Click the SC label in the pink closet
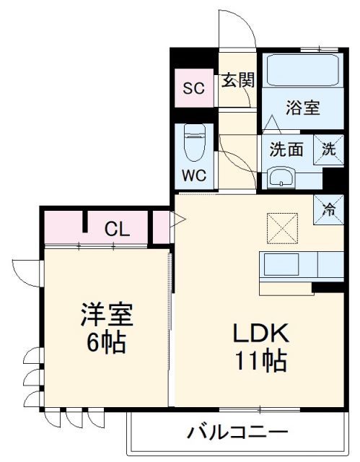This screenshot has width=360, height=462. (193, 89)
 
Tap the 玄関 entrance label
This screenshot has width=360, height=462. (237, 79)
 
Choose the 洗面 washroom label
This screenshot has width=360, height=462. (286, 151)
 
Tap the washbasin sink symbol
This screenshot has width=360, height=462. (281, 177)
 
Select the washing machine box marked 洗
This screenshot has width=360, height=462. (329, 150)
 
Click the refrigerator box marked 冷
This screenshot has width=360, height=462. (328, 210)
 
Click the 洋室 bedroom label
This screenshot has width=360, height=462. (107, 315)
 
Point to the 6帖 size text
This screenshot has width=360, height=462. (107, 341)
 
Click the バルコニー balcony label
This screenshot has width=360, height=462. (238, 433)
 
